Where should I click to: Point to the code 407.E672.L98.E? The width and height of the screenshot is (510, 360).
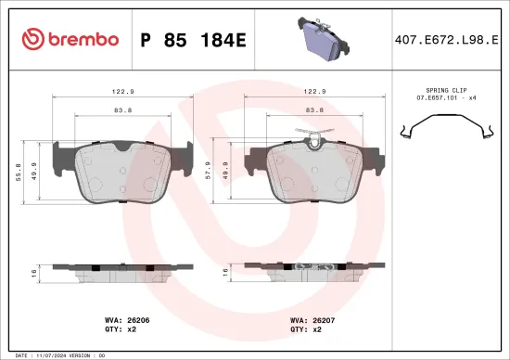click(446, 39)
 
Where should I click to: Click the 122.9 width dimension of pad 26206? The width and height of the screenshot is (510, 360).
click(123, 92)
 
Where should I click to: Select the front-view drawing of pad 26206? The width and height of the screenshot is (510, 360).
click(123, 172)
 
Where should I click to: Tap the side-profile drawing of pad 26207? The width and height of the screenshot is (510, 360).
click(312, 270)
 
